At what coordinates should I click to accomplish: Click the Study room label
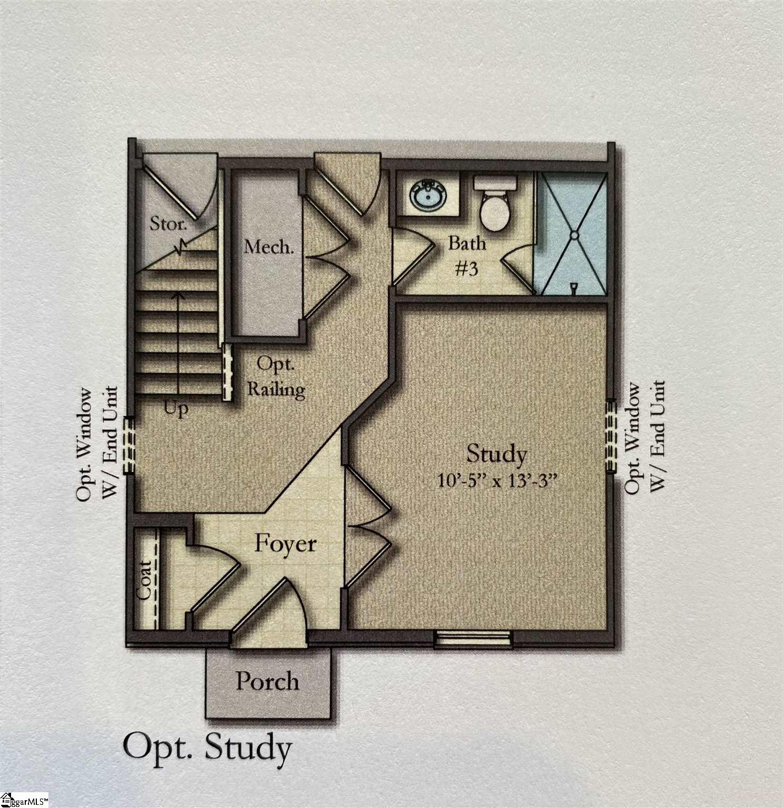click(x=496, y=454)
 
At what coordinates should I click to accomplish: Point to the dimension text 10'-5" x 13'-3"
click(x=497, y=481)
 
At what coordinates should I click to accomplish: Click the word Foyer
click(x=285, y=544)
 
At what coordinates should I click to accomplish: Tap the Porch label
click(x=267, y=682)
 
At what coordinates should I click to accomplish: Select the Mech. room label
click(x=269, y=247)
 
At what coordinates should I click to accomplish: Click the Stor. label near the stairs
click(x=169, y=224)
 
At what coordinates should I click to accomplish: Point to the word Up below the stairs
click(x=176, y=408)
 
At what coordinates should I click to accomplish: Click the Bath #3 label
click(x=467, y=256)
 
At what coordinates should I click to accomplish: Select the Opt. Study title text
click(x=207, y=748)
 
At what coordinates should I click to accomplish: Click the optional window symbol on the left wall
click(x=128, y=445)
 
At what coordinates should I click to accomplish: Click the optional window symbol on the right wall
click(x=611, y=436)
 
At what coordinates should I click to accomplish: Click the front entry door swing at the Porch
click(x=274, y=610)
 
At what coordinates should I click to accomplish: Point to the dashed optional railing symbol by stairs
click(x=228, y=371)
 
